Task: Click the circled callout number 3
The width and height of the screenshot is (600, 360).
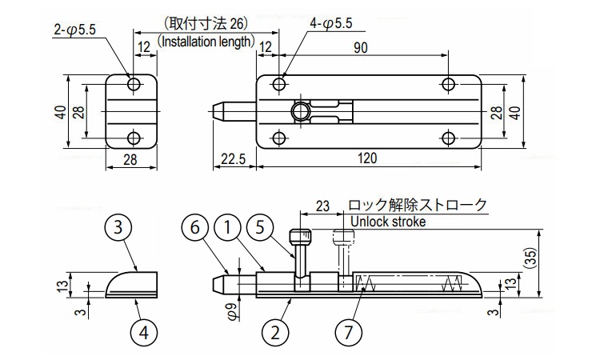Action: pos(118,227)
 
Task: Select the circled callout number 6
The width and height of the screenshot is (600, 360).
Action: pos(194,227)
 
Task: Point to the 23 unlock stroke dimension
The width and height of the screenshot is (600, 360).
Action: pos(322,206)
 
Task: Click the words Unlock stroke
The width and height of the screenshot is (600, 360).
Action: pos(387,222)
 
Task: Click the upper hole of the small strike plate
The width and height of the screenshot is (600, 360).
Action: pos(134,84)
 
